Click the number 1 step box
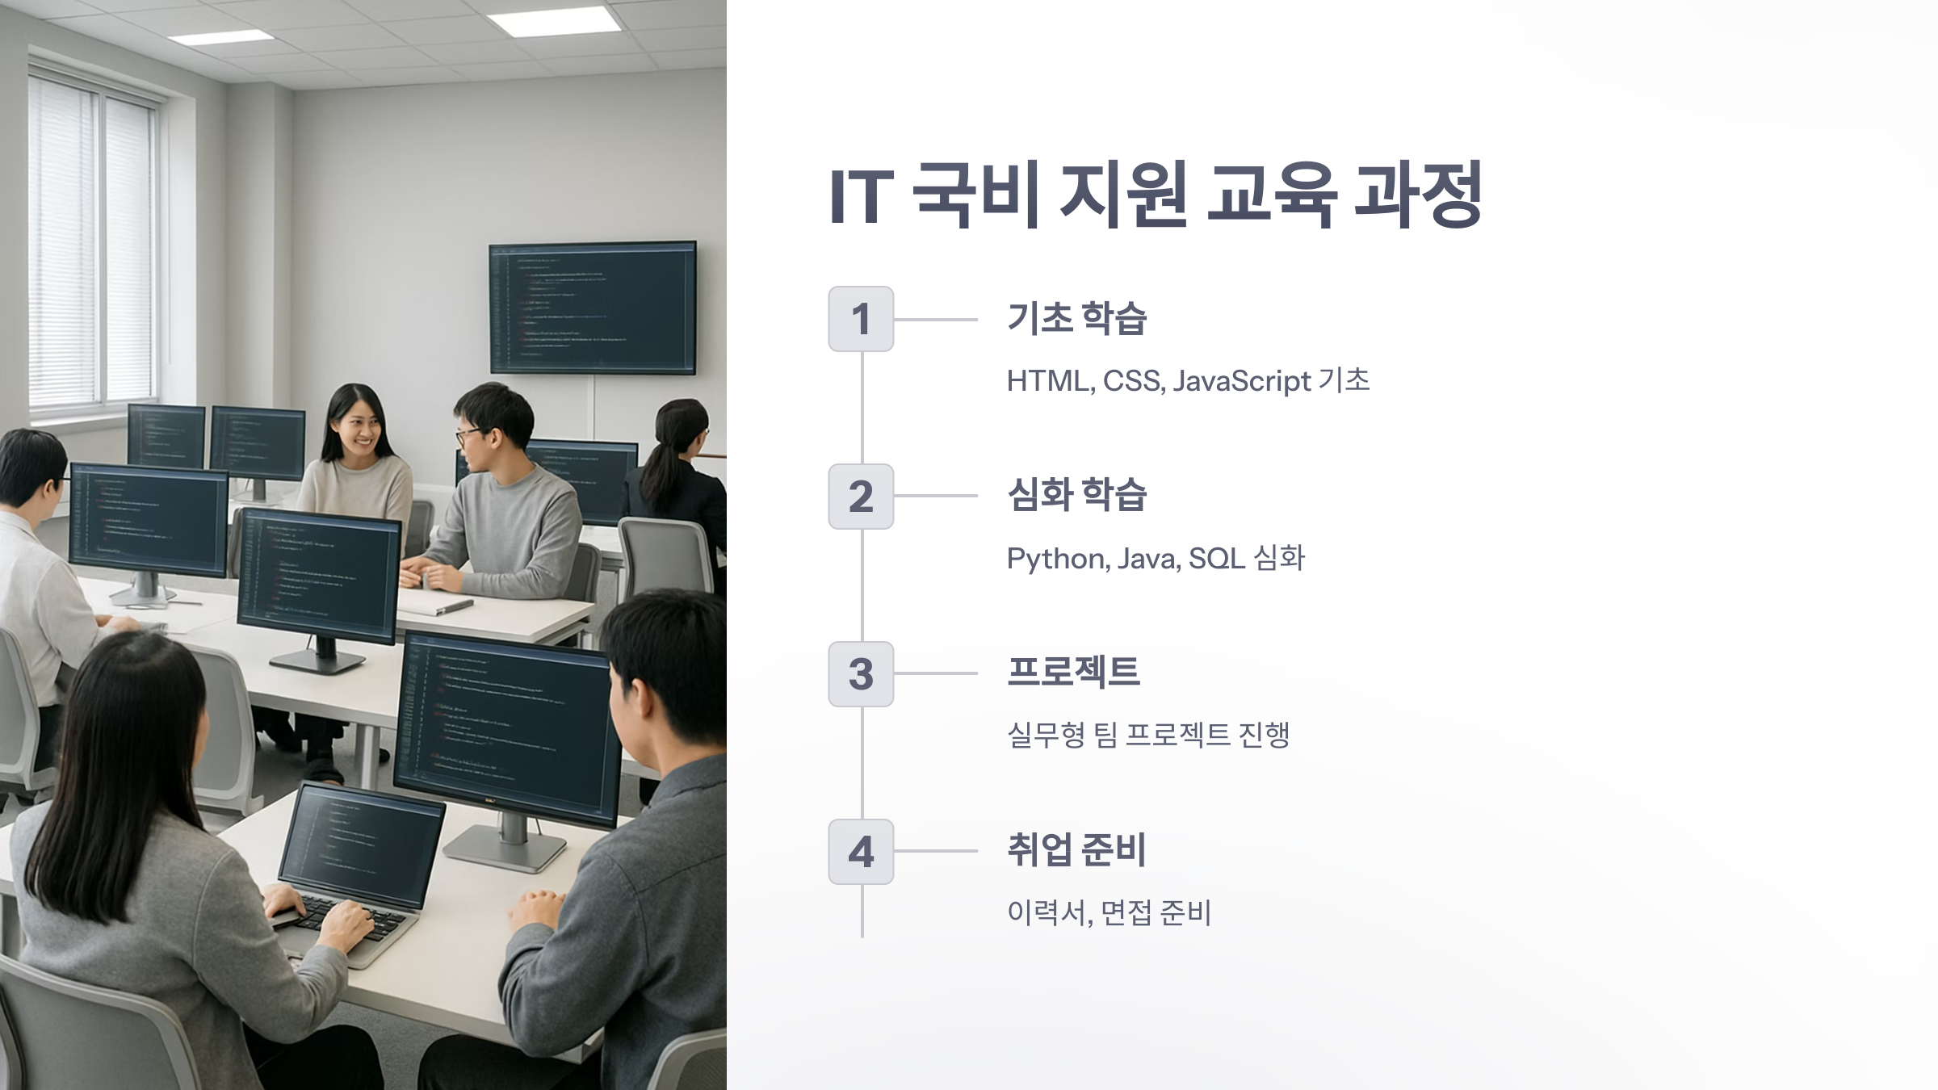(861, 319)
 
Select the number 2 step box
(861, 497)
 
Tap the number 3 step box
(861, 674)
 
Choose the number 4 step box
(861, 852)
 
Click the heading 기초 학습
(1076, 318)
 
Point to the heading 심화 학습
(1076, 495)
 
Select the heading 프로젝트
(1073, 672)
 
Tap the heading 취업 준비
(1076, 849)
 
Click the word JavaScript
(1241, 381)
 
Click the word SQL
(1216, 558)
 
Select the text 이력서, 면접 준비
(1109, 913)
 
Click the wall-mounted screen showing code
(592, 307)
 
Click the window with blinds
(93, 242)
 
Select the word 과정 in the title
(1418, 195)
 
